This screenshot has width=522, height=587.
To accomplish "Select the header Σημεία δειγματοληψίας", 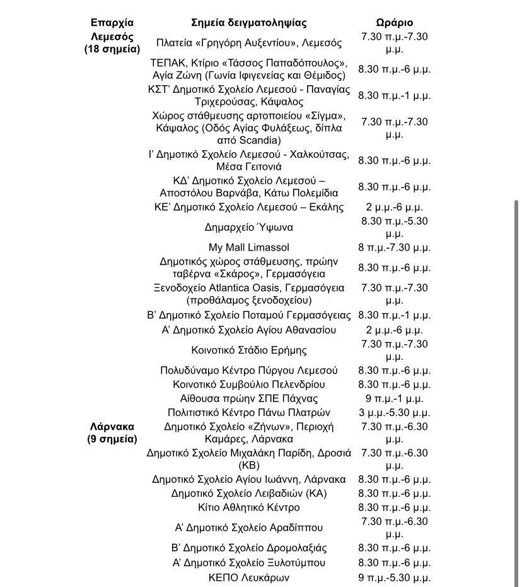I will [x=249, y=23].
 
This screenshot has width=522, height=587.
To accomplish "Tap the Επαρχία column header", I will [x=112, y=23].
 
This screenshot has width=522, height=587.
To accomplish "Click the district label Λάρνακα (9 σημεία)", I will [x=112, y=433].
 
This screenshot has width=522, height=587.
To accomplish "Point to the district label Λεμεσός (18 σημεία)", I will [x=112, y=43].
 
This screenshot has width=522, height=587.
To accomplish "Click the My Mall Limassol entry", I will [x=249, y=247].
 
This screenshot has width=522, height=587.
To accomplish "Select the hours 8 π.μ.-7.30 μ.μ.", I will [x=394, y=247].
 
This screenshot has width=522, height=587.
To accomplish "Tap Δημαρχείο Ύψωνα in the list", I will [x=249, y=227].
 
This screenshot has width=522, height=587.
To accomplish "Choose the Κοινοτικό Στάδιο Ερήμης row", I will [x=249, y=350].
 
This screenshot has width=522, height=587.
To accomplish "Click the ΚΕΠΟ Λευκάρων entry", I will [x=249, y=577].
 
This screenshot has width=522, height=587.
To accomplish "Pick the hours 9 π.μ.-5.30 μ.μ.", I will [x=394, y=577].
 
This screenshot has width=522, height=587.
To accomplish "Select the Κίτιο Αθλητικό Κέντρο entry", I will [x=249, y=507].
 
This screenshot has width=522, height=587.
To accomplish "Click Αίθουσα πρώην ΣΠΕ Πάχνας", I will [x=249, y=399].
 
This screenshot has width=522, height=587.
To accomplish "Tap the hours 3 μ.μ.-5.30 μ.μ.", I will [x=394, y=413].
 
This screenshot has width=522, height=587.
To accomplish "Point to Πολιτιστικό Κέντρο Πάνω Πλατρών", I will [x=249, y=413].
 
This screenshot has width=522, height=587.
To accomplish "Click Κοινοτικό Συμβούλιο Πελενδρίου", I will [x=249, y=384].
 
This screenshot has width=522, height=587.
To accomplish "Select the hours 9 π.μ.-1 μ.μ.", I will [x=394, y=399].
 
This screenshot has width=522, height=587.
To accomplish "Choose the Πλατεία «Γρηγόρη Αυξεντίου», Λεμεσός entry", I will [x=249, y=43].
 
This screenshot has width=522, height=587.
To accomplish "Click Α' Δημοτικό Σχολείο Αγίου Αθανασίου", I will [x=249, y=330].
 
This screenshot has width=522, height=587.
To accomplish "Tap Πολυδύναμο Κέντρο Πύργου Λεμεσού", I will [x=249, y=371].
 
